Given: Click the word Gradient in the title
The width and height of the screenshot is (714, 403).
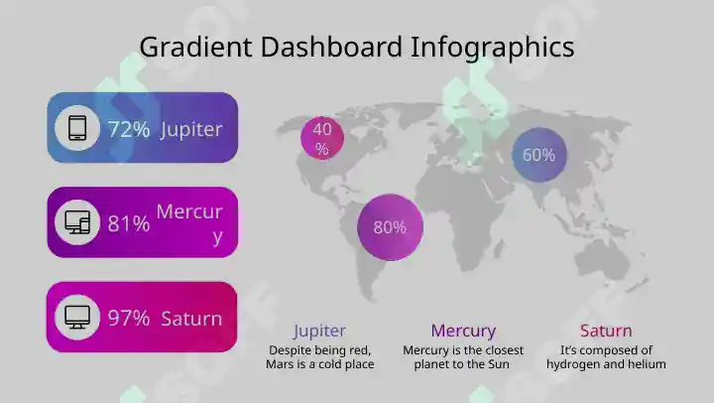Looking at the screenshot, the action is [195, 48].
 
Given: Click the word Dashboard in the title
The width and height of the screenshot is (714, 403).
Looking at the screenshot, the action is [331, 47].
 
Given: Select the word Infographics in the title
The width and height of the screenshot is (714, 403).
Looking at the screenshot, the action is [492, 48].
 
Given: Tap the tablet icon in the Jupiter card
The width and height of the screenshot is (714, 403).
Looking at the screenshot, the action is [77, 128].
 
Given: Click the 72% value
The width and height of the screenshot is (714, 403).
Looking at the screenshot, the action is [129, 129].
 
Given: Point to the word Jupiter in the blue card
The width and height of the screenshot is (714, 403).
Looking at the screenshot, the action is [191, 130].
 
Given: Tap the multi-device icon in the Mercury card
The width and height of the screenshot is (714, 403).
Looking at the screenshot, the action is [77, 222].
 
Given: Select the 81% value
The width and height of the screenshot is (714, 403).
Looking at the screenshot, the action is [129, 223].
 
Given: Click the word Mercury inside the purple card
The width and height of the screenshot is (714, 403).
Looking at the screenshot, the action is [189, 223].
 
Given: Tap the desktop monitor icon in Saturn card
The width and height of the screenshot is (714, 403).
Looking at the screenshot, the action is [77, 317].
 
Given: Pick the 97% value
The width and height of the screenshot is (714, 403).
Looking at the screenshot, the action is [129, 318].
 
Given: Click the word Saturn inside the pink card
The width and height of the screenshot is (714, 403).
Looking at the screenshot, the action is [191, 319].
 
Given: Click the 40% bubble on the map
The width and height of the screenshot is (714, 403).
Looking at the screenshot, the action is [322, 138].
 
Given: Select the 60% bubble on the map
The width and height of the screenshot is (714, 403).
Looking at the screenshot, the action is [539, 155].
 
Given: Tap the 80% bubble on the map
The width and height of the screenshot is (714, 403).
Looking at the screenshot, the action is [391, 227].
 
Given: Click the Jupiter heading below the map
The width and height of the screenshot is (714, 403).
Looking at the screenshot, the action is [319, 331].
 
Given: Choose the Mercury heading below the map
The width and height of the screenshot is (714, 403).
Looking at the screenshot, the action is [463, 331].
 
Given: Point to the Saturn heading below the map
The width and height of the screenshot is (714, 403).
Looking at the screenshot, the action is [606, 331].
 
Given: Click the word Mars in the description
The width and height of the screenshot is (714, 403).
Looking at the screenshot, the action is [279, 364].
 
